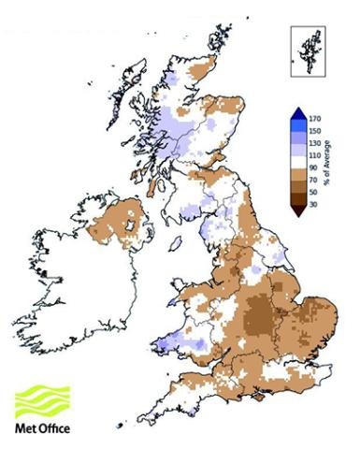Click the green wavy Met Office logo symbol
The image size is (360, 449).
[x=43, y=400]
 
